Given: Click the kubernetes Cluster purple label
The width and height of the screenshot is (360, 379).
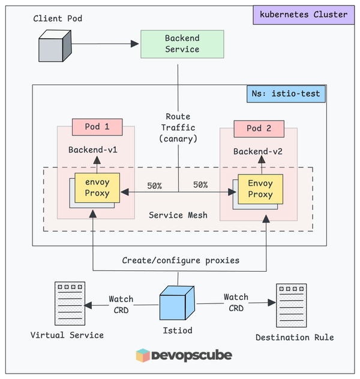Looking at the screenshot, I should tap(304, 14).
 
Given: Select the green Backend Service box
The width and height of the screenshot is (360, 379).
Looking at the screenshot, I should tap(182, 44).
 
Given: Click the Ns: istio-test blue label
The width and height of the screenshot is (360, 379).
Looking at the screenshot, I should tap(286, 94).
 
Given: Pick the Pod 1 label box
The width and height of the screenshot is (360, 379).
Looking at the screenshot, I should tap(97, 127).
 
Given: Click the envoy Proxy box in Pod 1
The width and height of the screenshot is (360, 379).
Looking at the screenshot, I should tap(97, 187).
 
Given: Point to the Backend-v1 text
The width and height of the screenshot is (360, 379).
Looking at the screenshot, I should tap(92, 149).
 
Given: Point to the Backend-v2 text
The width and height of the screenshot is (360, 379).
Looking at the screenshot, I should tap(258, 151).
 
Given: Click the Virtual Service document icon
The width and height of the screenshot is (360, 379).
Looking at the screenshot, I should tap(67, 303).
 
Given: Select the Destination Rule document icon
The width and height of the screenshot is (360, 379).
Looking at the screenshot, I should tap(294, 305).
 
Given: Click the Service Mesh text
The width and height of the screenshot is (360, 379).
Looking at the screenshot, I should tap(178, 215).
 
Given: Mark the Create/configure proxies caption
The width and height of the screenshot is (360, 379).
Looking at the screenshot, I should tap(181, 260).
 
